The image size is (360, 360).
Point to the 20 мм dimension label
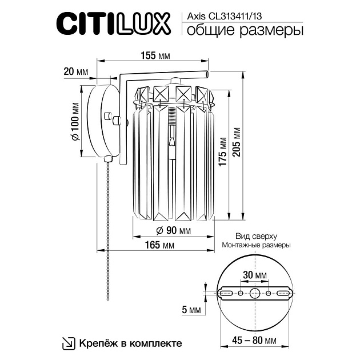click(x=76, y=71)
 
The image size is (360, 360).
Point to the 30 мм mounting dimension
click(x=254, y=275)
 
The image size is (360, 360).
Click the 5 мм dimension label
click(x=191, y=310)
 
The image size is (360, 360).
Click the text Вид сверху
click(x=256, y=235)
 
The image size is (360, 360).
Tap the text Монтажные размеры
click(x=256, y=245)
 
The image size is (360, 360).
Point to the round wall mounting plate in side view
click(x=97, y=119)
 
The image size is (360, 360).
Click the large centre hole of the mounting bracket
click(x=254, y=294)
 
